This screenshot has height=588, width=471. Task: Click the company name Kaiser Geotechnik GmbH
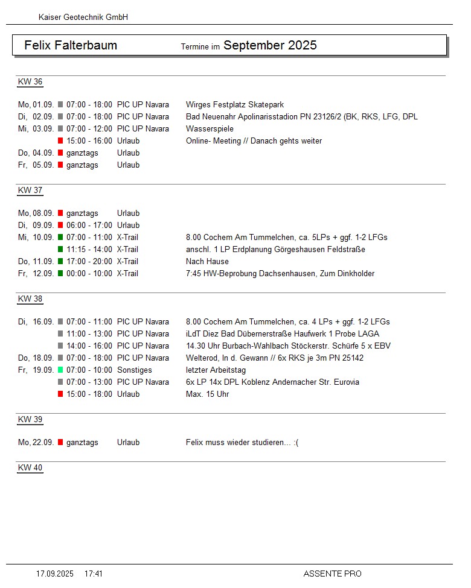[83, 17]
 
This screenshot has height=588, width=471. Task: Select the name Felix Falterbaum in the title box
[71, 45]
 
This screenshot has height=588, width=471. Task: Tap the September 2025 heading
[270, 45]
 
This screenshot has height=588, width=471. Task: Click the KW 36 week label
[30, 82]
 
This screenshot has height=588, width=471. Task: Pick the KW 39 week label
[30, 420]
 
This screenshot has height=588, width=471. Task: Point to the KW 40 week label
[30, 468]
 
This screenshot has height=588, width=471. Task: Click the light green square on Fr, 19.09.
[60, 370]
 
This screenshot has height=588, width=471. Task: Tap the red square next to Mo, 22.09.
[60, 442]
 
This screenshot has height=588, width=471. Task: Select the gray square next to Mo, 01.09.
[60, 104]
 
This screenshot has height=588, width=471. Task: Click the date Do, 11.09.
[36, 261]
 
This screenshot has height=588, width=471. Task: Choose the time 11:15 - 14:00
[89, 249]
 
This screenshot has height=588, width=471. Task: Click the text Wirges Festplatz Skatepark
[235, 104]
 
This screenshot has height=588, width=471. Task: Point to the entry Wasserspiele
[210, 128]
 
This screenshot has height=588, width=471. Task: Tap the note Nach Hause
[207, 261]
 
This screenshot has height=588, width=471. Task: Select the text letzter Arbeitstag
[216, 370]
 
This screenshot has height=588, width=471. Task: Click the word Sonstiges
[135, 370]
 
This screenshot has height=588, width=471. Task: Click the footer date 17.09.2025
[55, 574]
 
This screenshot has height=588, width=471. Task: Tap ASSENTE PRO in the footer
[332, 574]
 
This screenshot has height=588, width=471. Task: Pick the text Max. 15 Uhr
[207, 394]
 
